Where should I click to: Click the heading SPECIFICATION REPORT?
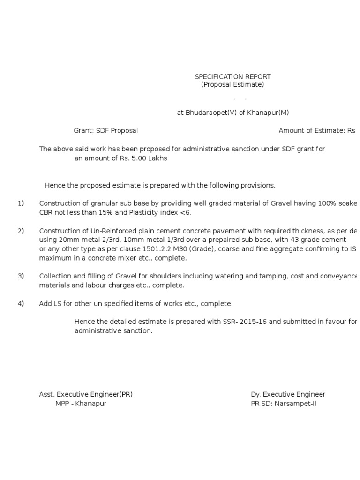[232, 76]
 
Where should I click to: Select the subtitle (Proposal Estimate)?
[232, 85]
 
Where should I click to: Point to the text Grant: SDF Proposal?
[105, 131]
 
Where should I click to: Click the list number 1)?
[21, 203]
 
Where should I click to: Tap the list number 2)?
[21, 231]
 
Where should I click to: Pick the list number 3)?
[21, 276]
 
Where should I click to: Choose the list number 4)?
[21, 304]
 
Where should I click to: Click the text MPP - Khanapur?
[81, 404]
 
